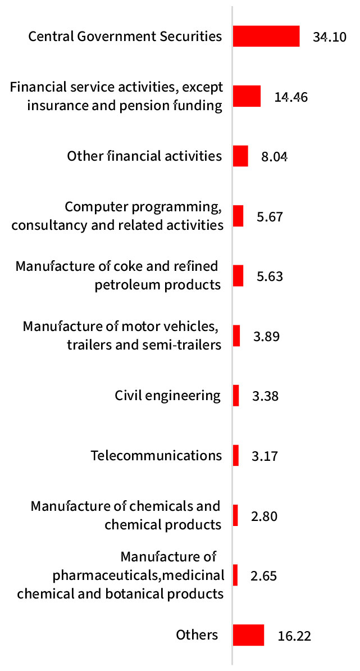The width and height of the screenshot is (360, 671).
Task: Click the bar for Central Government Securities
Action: click(x=266, y=37)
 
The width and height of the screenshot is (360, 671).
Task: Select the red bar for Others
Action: click(x=248, y=636)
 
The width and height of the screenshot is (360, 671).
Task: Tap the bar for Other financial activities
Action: click(x=240, y=156)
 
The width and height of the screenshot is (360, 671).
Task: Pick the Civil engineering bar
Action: click(x=236, y=396)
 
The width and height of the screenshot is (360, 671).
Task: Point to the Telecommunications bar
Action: click(x=236, y=455)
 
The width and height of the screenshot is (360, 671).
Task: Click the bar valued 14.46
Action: click(x=247, y=96)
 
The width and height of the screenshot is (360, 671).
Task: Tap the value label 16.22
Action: click(x=294, y=637)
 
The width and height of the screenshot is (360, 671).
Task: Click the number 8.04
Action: click(x=274, y=157)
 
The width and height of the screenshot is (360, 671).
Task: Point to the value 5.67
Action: click(x=269, y=217)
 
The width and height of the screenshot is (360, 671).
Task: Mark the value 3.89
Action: click(x=266, y=337)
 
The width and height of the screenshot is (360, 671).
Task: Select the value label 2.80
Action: click(x=265, y=516)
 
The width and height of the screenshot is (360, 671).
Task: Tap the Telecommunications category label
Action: click(x=156, y=455)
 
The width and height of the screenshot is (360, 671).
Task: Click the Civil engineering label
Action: click(x=167, y=396)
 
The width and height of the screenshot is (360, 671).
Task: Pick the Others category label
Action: click(x=197, y=635)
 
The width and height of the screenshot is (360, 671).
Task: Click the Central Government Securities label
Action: click(x=125, y=37)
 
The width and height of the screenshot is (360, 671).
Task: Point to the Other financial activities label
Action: click(x=144, y=156)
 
